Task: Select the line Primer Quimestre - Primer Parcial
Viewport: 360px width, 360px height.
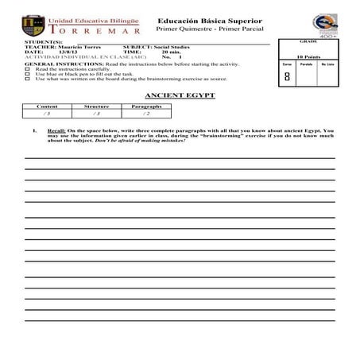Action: click(199, 28)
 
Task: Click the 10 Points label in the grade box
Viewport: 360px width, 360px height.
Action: click(308, 57)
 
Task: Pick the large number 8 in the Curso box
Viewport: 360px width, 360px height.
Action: click(286, 77)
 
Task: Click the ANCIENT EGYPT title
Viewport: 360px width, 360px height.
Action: click(177, 95)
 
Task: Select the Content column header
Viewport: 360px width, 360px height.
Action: click(48, 106)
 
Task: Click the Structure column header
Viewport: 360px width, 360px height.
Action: click(96, 106)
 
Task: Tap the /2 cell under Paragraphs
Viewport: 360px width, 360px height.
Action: click(147, 114)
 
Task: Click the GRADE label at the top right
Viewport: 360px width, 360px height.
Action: click(308, 41)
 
